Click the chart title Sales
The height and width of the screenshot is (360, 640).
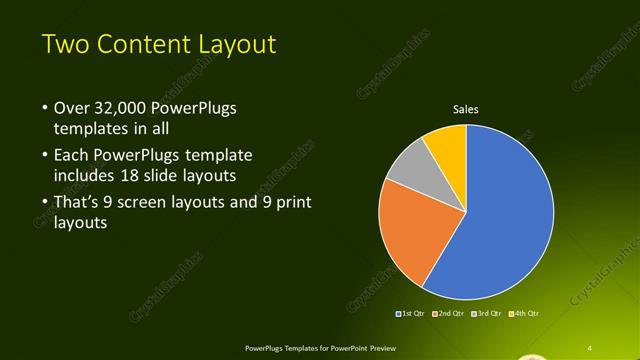coord(466,108)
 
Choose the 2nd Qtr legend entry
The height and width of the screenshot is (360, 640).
coord(450,315)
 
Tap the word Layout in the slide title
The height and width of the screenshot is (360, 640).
coord(234,45)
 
